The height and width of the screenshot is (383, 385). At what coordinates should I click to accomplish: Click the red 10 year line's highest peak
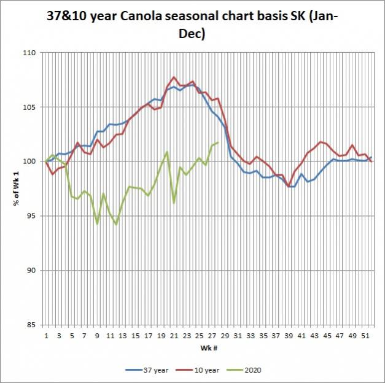pos(174,77)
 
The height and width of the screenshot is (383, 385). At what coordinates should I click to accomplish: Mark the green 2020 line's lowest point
pos(116,225)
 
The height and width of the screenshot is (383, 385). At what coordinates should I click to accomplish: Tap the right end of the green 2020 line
pos(218,142)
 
